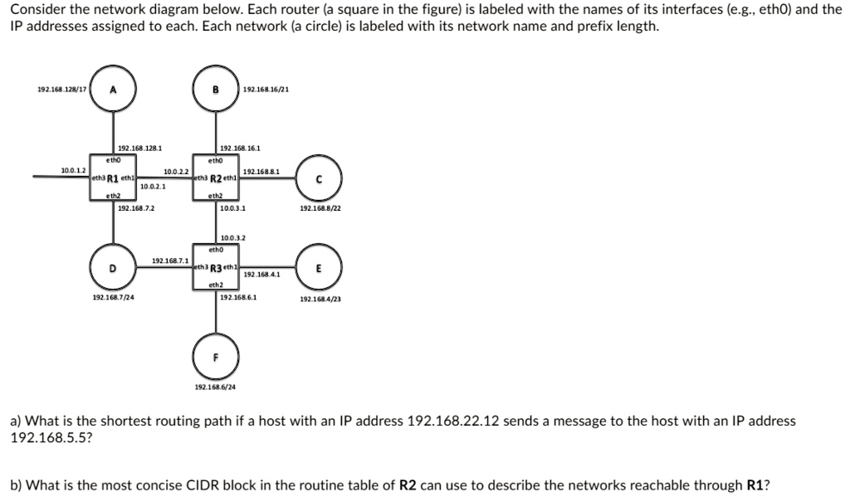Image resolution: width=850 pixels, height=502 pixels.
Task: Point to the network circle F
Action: (x=216, y=358)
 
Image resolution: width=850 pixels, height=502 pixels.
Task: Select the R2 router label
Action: (x=215, y=178)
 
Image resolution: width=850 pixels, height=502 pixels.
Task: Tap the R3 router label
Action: (x=215, y=268)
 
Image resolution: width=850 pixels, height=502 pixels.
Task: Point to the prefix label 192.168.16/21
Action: (x=266, y=90)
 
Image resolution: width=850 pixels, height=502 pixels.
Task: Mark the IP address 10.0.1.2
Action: (x=73, y=169)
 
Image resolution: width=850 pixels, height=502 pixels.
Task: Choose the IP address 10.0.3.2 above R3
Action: (x=232, y=238)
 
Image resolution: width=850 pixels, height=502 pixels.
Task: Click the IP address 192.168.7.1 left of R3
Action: (x=169, y=261)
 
